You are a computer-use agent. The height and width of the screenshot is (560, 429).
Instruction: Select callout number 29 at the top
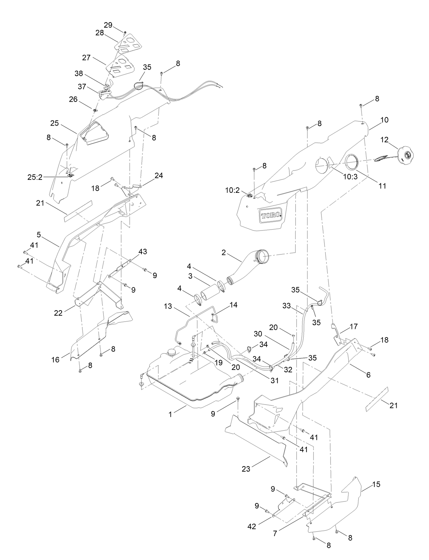point(108,25)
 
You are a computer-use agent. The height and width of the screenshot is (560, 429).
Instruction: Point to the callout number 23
point(246,469)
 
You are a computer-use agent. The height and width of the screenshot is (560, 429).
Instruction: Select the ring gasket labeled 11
point(351,161)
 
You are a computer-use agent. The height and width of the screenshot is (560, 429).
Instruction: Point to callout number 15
point(376,484)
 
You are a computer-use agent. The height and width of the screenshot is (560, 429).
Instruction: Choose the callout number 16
point(56,359)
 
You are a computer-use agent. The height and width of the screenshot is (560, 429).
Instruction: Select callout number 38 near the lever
point(79,73)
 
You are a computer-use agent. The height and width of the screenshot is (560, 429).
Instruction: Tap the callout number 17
point(353,326)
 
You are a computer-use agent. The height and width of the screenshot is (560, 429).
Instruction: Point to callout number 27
point(86,57)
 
